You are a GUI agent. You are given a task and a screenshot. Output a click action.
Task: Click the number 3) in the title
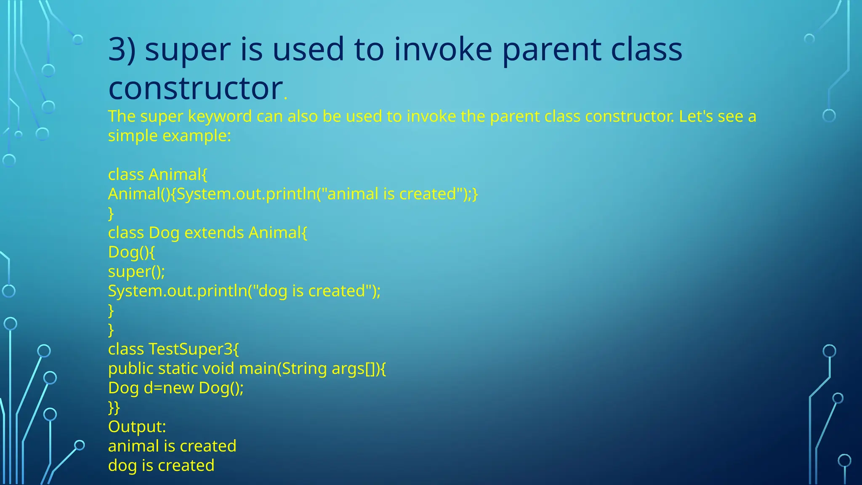[122, 50]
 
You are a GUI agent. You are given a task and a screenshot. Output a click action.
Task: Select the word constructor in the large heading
[195, 88]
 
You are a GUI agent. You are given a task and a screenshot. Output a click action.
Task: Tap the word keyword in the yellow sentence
[220, 116]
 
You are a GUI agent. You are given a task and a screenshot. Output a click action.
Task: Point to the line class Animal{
[157, 174]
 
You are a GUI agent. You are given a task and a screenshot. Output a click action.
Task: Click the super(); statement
[136, 272]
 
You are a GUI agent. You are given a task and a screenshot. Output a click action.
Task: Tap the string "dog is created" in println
[311, 291]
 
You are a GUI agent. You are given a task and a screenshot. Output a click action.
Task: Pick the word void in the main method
[218, 368]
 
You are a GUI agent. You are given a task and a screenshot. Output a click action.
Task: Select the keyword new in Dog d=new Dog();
[178, 388]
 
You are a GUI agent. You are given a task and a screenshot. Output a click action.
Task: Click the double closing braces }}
[114, 407]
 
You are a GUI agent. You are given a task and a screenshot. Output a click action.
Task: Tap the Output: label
[137, 426]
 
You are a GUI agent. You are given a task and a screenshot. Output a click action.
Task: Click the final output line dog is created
[161, 466]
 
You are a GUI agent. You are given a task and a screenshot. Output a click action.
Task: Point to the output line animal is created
[172, 446]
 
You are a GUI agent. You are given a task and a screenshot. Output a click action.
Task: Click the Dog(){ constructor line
[131, 252]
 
